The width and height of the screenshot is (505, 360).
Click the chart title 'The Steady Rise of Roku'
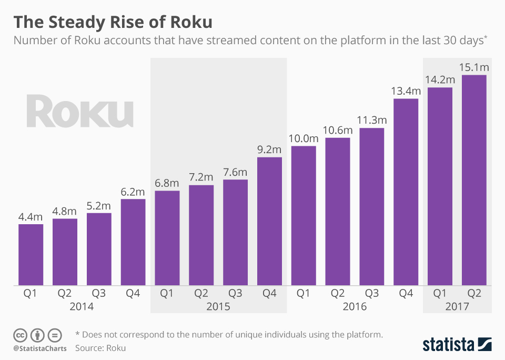pos(113,22)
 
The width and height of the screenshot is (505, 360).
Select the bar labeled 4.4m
pos(31,255)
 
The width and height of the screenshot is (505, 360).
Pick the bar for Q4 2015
pos(269,221)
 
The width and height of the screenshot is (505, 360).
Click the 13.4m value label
pos(406,91)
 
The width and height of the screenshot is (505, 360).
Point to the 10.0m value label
pos(304,138)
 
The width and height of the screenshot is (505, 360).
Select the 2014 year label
pos(82,306)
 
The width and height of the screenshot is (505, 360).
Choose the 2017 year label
pos(457,306)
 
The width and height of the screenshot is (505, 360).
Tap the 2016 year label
pos(355,306)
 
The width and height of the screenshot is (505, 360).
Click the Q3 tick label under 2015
pos(235,294)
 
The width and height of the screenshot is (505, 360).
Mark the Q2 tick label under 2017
pos(474,294)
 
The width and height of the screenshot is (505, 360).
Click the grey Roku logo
pos(80,111)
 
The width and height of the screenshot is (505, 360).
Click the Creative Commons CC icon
pos(20,335)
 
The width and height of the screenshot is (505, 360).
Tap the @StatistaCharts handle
pos(39,348)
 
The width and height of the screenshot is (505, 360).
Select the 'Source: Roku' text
pos(100,348)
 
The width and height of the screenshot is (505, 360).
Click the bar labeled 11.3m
pos(372,206)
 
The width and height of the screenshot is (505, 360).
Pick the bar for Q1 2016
pos(304,216)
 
